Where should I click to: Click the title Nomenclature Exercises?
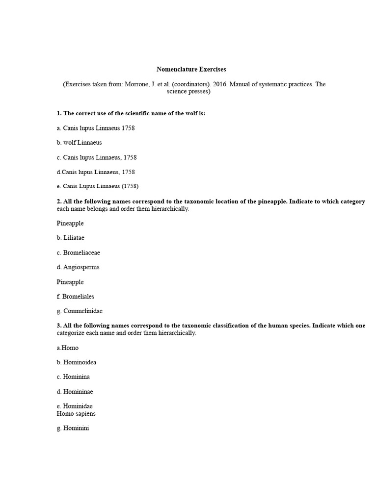(x=191, y=70)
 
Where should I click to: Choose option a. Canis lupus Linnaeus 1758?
(x=96, y=128)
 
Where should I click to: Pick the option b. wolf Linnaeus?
(x=79, y=143)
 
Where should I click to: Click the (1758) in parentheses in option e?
(x=130, y=186)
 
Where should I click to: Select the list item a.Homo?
(x=68, y=348)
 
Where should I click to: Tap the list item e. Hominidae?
(x=75, y=406)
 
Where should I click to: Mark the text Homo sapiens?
(x=76, y=414)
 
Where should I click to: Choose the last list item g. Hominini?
(x=73, y=428)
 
